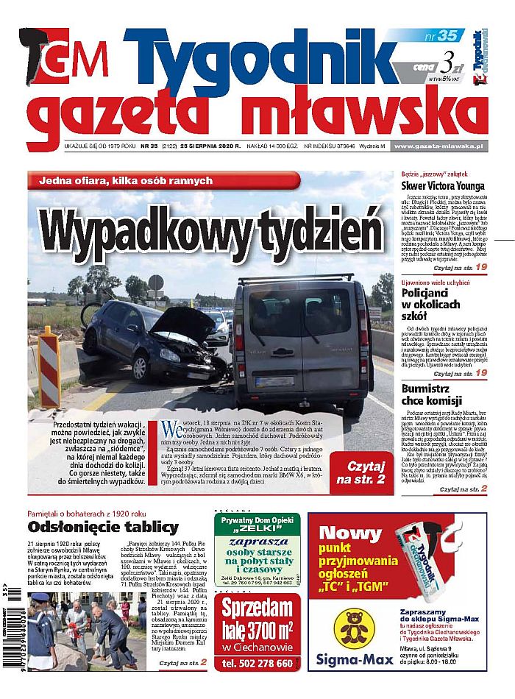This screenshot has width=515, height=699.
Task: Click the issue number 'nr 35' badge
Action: point(441,35)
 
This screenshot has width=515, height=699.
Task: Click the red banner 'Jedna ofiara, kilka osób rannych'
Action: point(163,181)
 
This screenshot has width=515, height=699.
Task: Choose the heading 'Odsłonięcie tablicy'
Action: point(103,527)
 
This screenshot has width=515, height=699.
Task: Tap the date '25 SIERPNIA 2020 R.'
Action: point(212,146)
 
